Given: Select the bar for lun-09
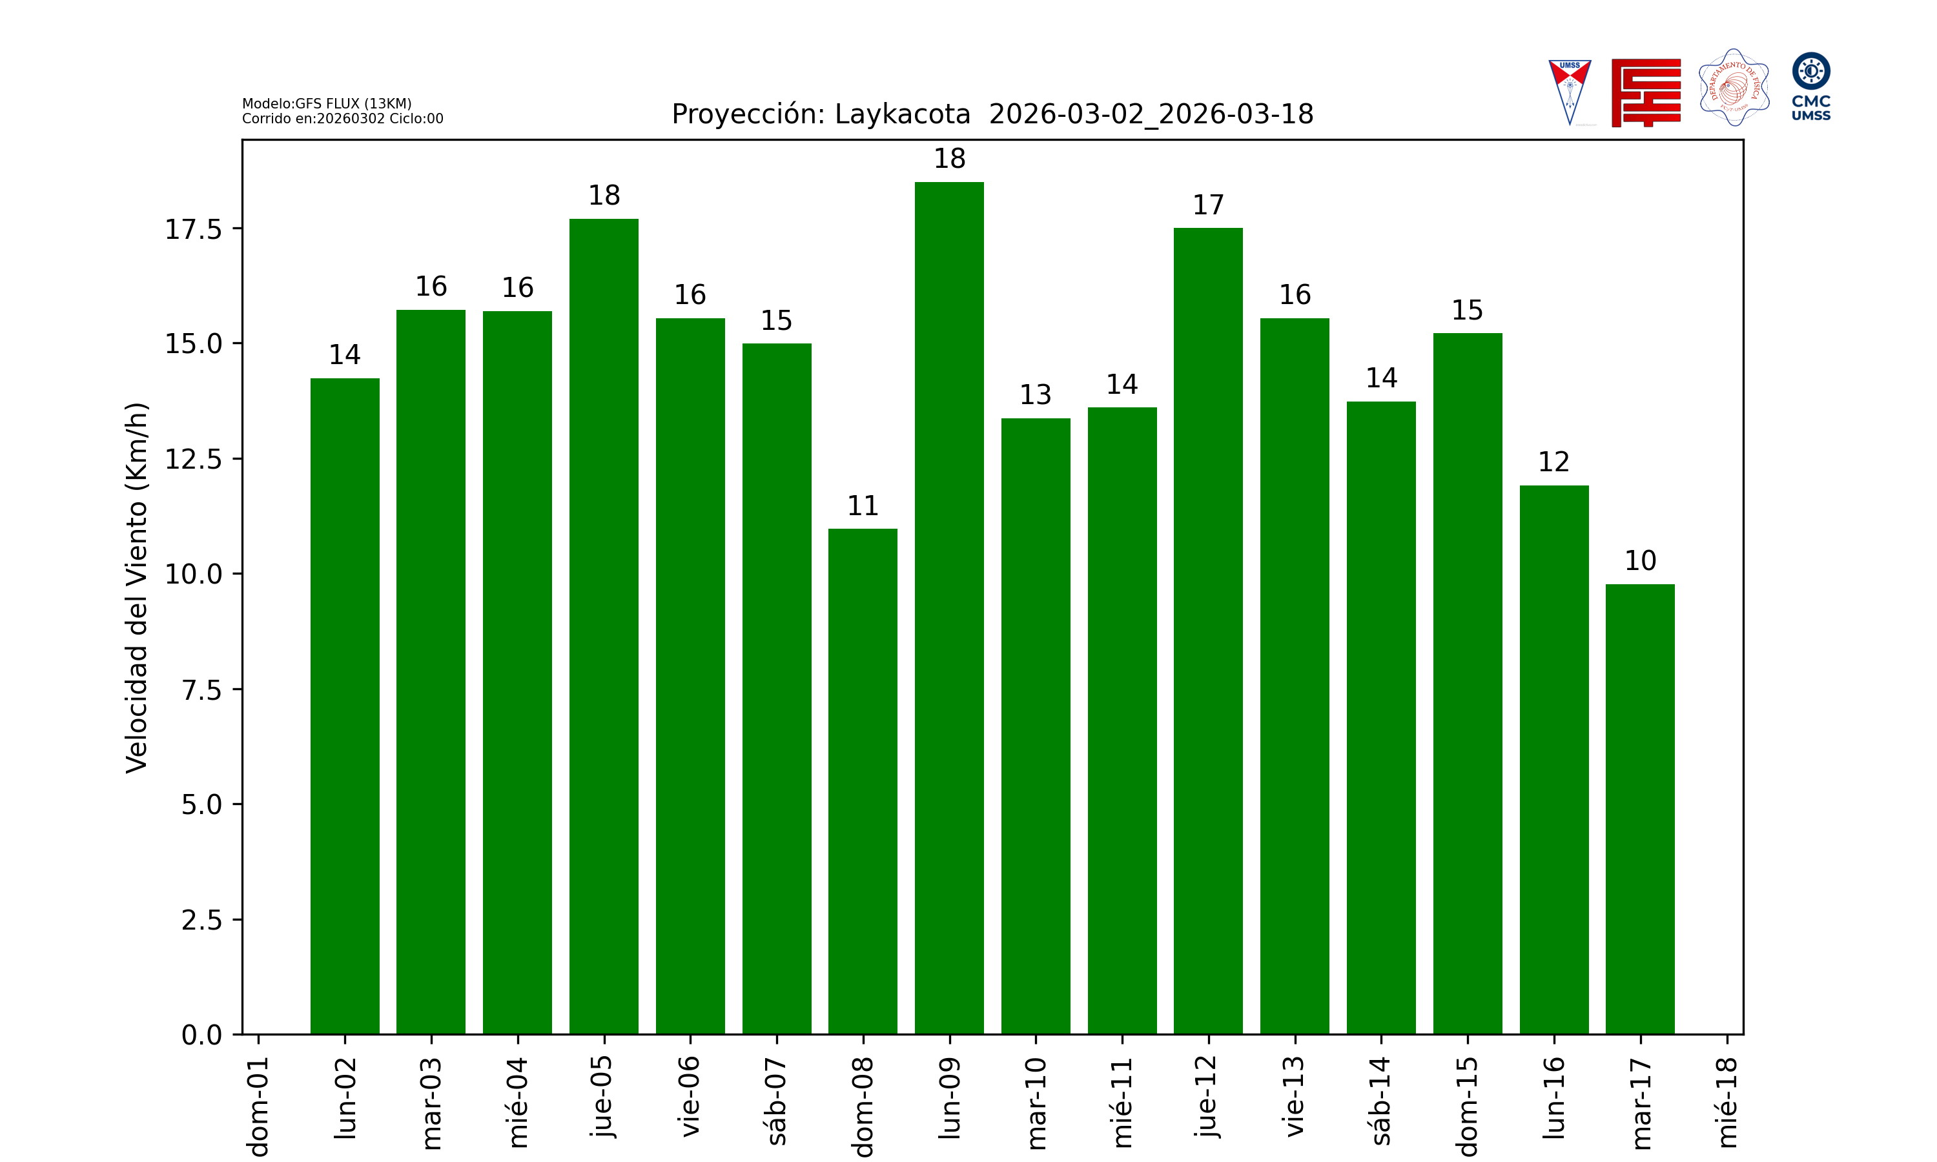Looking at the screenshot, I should coord(949,607).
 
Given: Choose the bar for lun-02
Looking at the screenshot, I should coord(345,706).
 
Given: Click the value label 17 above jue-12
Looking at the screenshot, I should coord(1208,205).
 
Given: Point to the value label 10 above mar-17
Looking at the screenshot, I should coord(1640,560).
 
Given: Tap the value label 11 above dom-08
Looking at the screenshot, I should coord(863,506).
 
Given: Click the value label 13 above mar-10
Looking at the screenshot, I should coord(1035,394).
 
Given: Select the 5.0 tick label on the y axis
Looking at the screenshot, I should coord(201,804).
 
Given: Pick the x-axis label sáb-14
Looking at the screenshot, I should coord(1381,1100).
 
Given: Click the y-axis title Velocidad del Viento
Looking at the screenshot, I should coord(136,587).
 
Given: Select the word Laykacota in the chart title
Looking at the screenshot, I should coord(902,114).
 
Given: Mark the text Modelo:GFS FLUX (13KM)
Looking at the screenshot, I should coord(327,103).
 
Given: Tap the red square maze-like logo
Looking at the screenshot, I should coord(1646,92).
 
